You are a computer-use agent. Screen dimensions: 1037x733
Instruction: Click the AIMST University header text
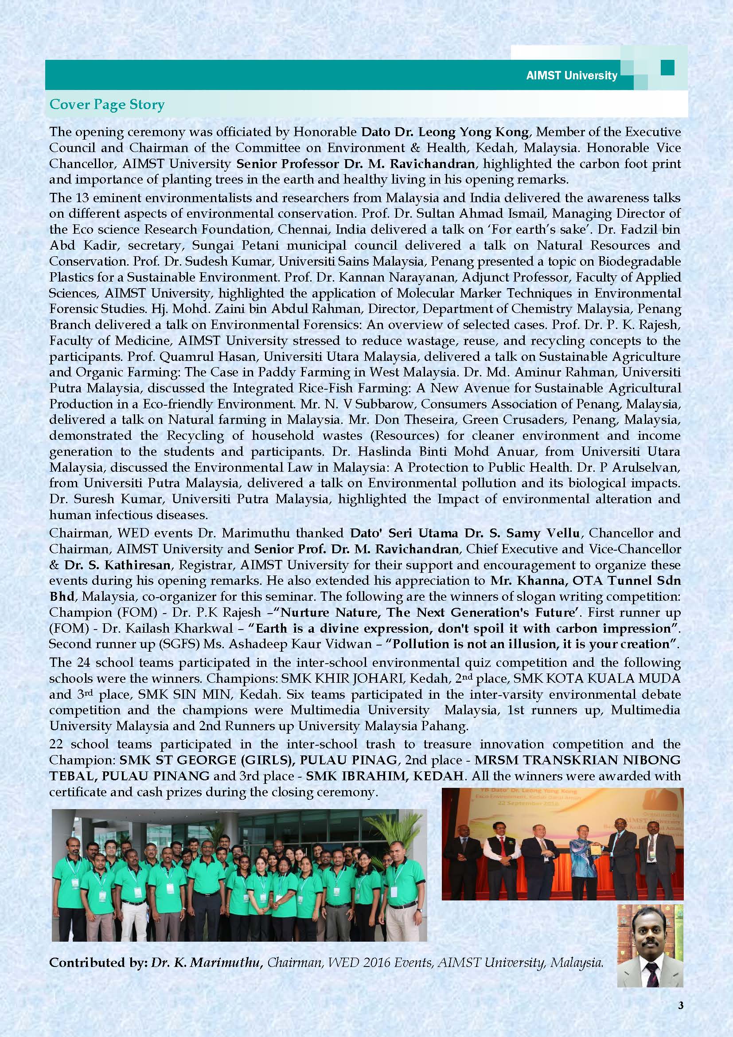(571, 75)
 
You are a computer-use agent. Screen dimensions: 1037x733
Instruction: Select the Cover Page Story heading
(106, 105)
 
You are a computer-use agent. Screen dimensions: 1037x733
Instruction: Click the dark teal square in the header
(667, 68)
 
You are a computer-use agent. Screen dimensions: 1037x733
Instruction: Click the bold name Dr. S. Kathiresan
(117, 564)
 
